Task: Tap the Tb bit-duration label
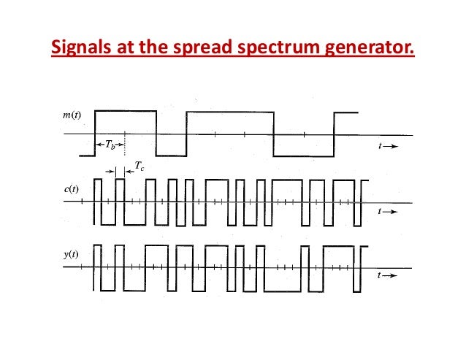pos(110,145)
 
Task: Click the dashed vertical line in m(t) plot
pos(125,142)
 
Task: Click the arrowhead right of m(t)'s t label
pos(392,146)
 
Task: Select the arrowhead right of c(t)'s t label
pos(392,212)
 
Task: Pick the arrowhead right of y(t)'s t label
pos(392,277)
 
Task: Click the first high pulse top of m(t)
pos(125,111)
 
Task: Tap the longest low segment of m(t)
pos(302,156)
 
